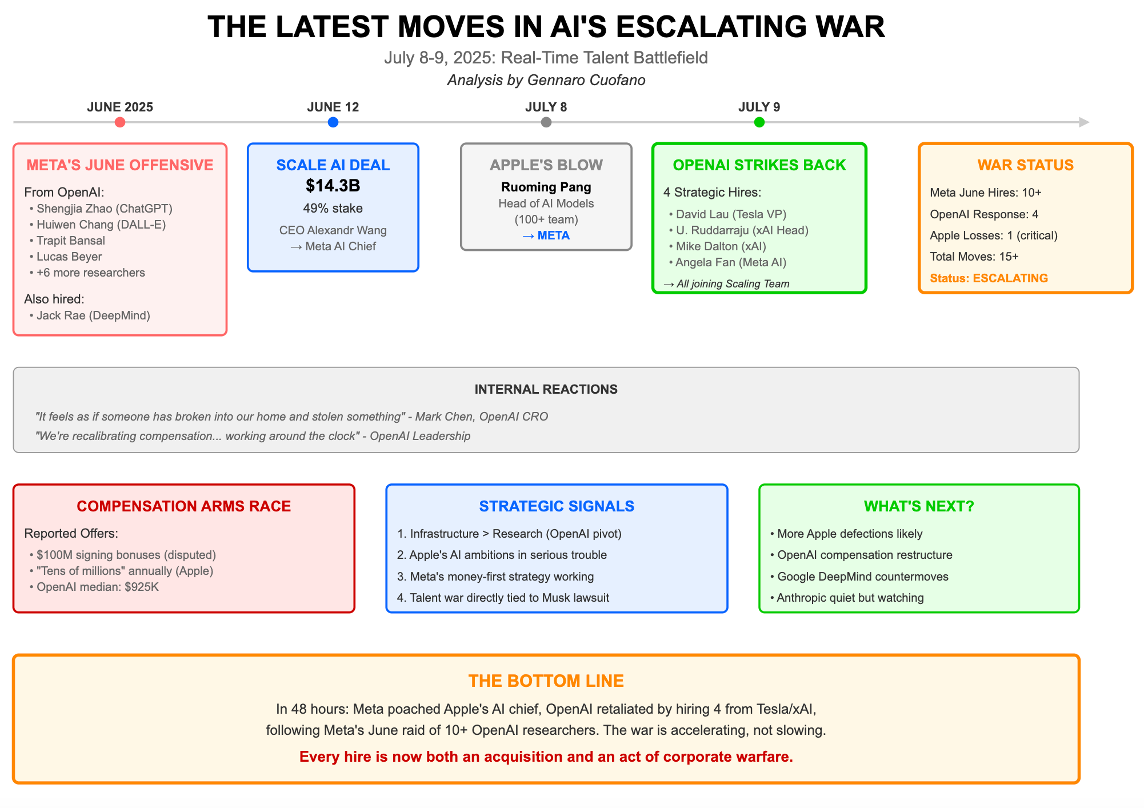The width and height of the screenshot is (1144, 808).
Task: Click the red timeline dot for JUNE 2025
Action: [x=119, y=122]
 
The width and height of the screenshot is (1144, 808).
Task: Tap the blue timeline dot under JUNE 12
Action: [x=333, y=122]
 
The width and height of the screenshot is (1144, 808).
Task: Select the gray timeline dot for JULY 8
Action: [x=546, y=122]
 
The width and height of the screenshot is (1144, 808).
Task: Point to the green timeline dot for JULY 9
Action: [x=759, y=122]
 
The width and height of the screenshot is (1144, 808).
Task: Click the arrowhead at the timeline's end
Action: [x=1084, y=122]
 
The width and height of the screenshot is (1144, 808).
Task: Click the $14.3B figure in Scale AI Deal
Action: [x=333, y=186]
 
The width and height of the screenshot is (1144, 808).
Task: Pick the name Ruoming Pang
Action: [x=546, y=187]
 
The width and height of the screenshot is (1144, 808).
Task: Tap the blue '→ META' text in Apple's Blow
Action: [x=546, y=235]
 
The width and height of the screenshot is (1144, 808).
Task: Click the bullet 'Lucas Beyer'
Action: [x=69, y=257]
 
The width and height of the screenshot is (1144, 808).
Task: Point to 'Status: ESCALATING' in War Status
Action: [x=989, y=278]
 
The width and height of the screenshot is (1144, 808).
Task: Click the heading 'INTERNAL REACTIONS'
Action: [x=546, y=389]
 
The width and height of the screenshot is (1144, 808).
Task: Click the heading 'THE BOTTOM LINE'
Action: [x=546, y=681]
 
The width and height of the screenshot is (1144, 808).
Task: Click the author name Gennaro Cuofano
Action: [x=586, y=80]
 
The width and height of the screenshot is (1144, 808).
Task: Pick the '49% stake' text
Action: [x=333, y=208]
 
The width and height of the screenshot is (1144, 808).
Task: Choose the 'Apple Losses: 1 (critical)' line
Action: [x=994, y=235]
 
